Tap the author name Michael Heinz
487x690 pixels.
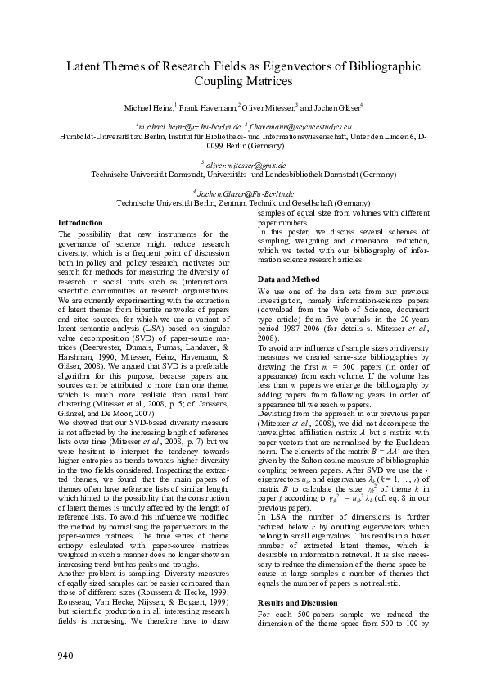(147, 107)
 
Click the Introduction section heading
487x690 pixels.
(80, 223)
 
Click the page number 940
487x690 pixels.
(66, 655)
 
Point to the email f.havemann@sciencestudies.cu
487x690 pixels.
(300, 127)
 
